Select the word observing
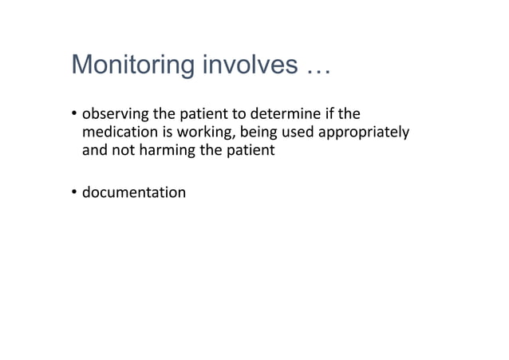point(115,113)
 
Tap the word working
point(197,132)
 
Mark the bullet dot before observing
point(75,113)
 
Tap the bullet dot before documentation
point(75,192)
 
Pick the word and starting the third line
point(95,149)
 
